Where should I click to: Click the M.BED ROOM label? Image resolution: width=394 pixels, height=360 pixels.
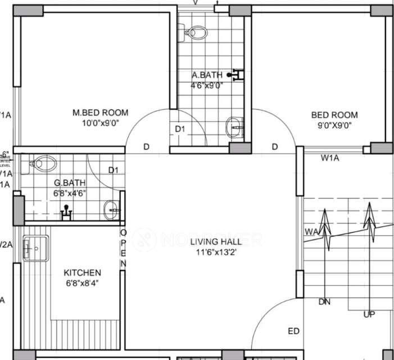[100, 112]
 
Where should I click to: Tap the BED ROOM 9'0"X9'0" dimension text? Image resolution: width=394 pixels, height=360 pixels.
[334, 126]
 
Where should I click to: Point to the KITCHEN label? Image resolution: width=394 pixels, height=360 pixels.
[82, 273]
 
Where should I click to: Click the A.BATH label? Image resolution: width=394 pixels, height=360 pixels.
[207, 75]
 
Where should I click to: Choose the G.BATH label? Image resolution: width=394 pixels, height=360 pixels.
[69, 183]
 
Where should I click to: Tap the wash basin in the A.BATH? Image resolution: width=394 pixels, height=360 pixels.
[234, 128]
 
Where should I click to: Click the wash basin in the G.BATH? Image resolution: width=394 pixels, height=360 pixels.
[112, 210]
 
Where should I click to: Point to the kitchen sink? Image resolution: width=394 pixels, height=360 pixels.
[35, 247]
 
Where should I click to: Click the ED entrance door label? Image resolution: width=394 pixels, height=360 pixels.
[293, 331]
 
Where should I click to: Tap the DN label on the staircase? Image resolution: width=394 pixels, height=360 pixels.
[324, 302]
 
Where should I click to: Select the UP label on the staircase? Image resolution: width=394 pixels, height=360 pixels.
[369, 314]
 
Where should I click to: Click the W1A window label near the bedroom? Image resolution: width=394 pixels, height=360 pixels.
[330, 159]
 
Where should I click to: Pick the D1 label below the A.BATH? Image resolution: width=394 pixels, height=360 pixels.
[180, 129]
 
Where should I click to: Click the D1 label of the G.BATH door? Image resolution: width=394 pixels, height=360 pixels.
[114, 170]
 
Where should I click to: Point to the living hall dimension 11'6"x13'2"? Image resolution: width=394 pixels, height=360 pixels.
[216, 253]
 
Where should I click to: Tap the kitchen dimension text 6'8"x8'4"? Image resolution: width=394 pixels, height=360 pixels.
[82, 283]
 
